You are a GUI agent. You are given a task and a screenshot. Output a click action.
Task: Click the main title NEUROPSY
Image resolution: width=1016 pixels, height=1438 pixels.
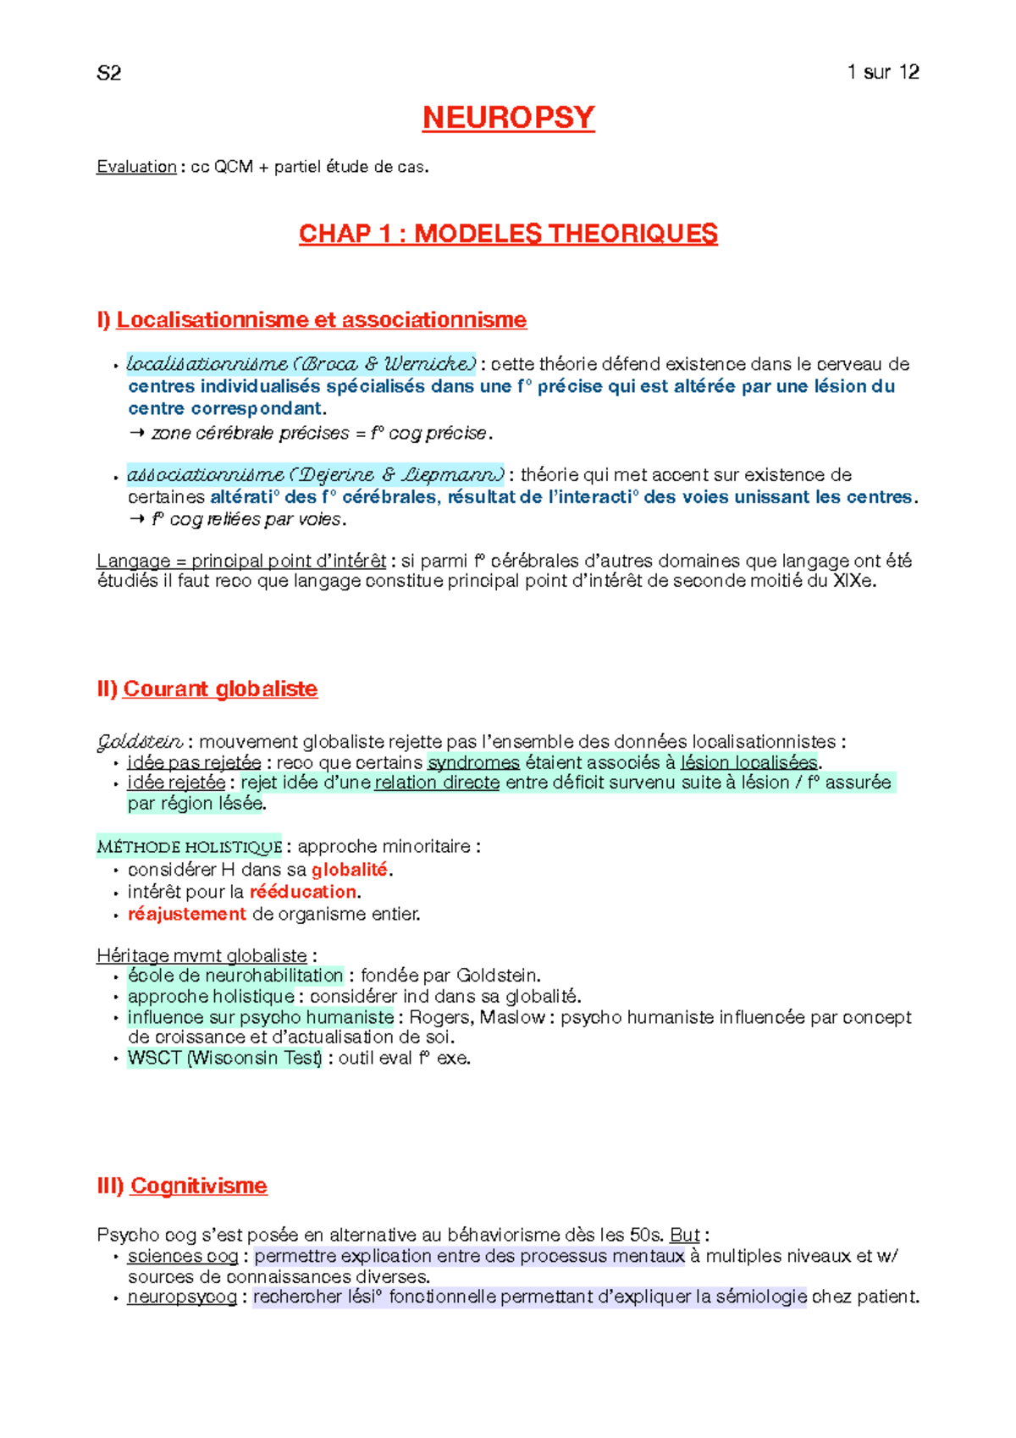tap(508, 118)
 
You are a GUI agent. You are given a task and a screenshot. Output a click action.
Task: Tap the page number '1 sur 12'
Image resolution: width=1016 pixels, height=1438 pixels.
tap(882, 72)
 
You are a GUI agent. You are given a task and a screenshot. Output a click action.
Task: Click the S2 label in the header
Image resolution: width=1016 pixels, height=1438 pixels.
tap(108, 74)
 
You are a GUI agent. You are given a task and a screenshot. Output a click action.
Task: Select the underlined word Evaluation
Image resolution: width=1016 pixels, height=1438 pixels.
tap(136, 167)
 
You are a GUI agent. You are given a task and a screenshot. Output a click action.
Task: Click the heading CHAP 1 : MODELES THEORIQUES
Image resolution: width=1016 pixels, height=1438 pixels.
tap(508, 234)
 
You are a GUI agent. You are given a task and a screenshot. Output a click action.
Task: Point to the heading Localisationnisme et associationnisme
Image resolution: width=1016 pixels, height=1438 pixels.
tap(321, 320)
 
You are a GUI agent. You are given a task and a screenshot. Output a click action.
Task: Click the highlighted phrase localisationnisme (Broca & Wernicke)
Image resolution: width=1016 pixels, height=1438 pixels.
tap(301, 364)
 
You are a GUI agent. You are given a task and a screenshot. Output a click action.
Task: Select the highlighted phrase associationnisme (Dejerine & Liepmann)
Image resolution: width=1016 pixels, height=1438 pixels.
tap(315, 474)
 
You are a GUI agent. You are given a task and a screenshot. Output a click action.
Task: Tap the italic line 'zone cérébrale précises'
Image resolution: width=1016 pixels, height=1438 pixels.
tap(250, 433)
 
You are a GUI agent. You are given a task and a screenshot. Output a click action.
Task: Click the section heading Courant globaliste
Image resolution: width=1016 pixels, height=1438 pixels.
tap(220, 689)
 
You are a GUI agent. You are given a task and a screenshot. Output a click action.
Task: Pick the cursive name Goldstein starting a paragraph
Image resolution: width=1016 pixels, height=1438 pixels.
tap(139, 742)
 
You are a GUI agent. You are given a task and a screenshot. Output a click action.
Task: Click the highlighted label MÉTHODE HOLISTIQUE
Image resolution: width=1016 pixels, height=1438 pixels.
tap(189, 846)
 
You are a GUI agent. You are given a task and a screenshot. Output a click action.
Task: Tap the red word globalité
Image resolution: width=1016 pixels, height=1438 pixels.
tap(349, 870)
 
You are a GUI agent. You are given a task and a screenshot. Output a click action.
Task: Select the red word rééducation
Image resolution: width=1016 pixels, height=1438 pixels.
tap(303, 892)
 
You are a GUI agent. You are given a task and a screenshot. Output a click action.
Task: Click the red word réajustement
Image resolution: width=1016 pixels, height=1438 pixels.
tap(186, 914)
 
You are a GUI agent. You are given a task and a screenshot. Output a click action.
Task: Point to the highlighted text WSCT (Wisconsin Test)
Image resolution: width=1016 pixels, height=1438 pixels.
tap(224, 1058)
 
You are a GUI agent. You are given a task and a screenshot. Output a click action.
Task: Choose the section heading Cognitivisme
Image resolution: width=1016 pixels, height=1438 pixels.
tap(198, 1186)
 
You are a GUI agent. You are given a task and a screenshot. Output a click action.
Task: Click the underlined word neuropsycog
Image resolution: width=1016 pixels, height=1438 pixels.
tap(182, 1297)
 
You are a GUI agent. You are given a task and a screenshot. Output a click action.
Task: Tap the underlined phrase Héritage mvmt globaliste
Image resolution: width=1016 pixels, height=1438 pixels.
tap(202, 955)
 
